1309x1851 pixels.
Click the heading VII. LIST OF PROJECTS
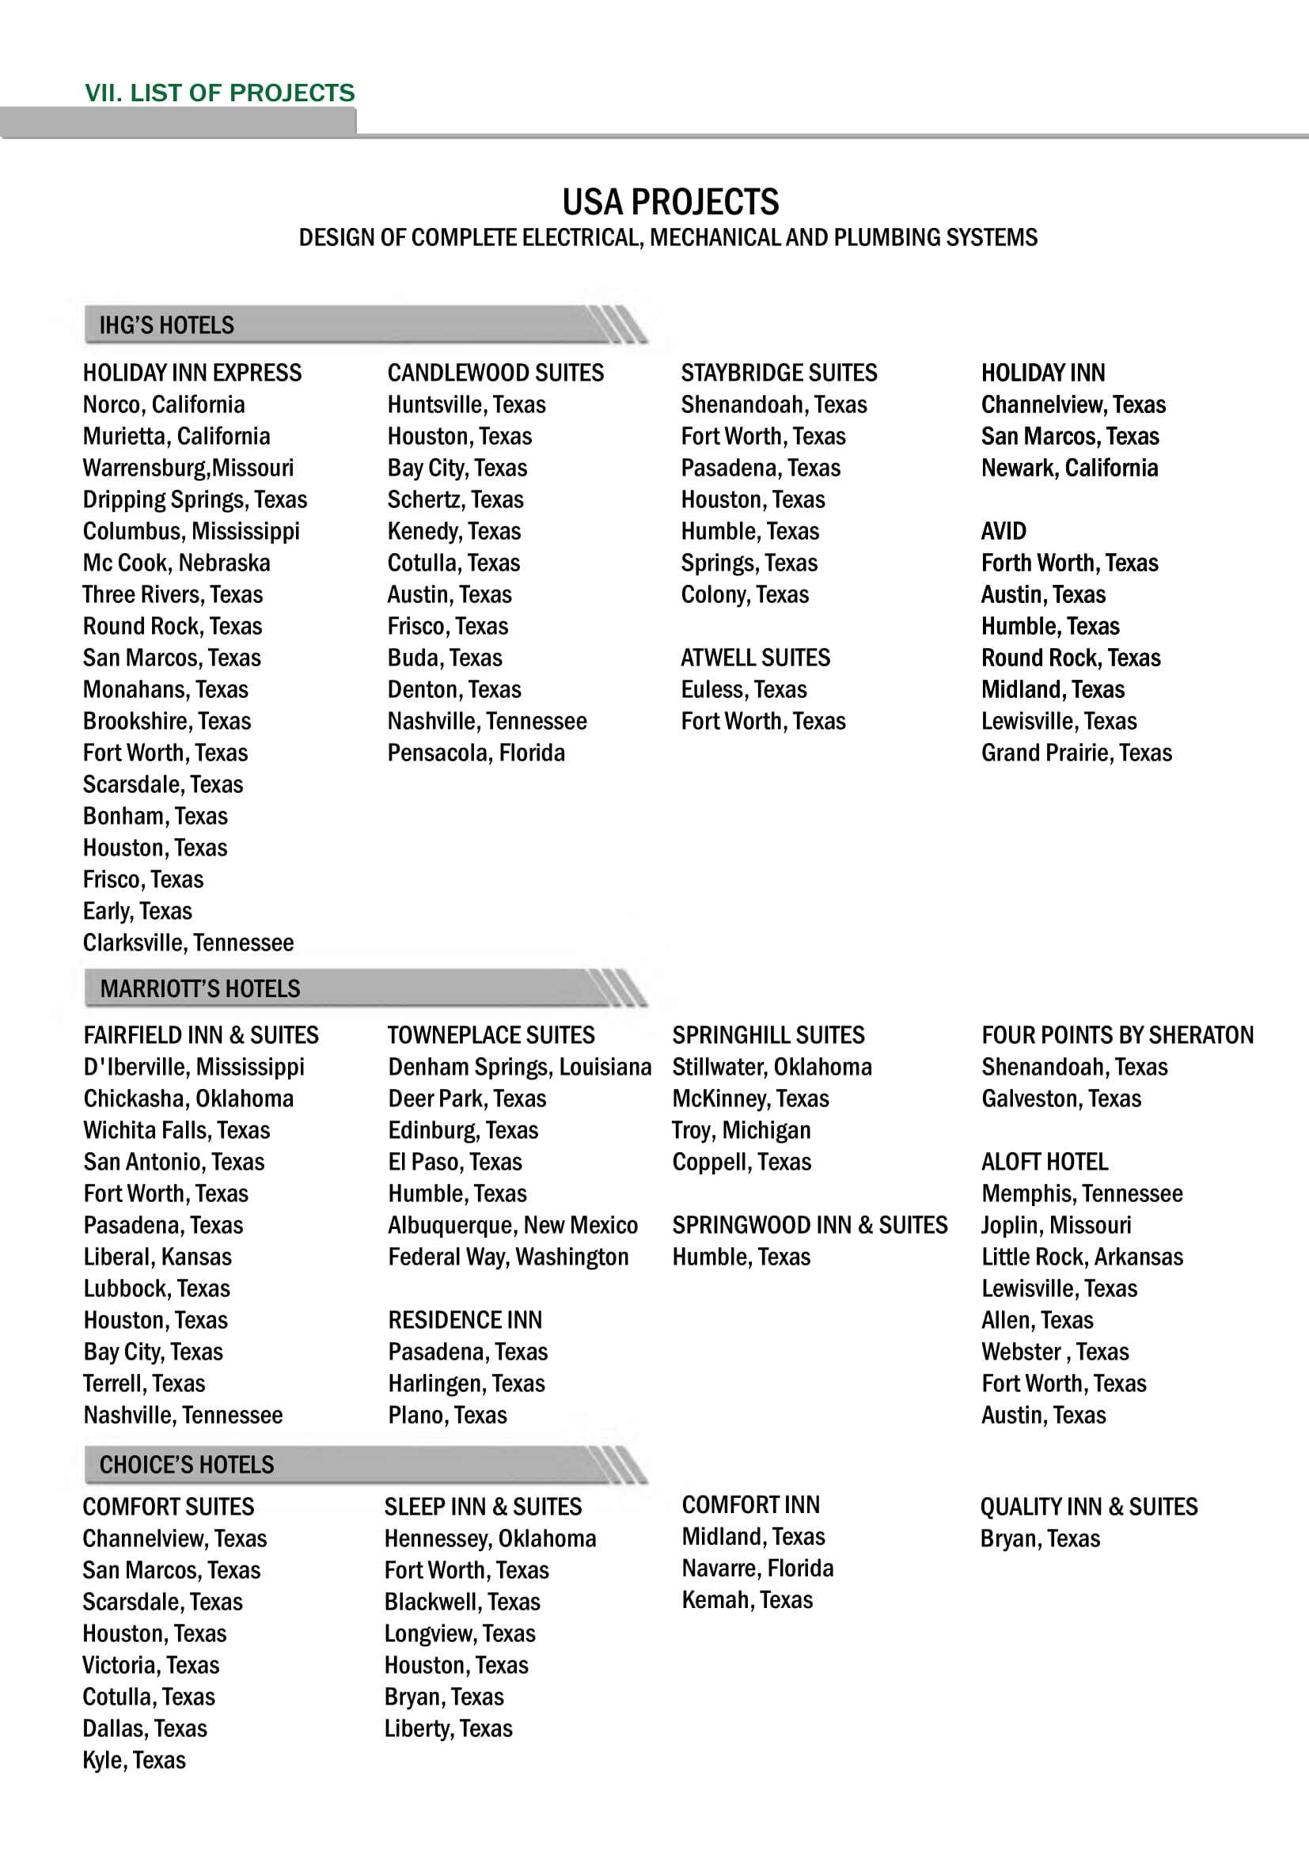(219, 93)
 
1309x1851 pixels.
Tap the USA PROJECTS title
(670, 203)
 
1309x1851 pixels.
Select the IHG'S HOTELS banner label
(166, 326)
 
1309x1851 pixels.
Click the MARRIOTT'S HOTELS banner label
(200, 988)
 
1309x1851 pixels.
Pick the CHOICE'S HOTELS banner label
(186, 1465)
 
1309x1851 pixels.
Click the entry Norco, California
(164, 404)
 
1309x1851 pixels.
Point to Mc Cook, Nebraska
(176, 563)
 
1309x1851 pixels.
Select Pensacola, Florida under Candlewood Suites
(476, 753)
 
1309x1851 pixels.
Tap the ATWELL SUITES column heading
(755, 658)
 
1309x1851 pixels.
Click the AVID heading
(1004, 531)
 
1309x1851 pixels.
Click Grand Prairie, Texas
(1076, 753)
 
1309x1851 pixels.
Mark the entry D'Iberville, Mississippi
(193, 1068)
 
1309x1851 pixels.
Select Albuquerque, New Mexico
(513, 1225)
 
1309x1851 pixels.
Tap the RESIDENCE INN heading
(465, 1321)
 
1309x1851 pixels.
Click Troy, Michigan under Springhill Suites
(742, 1130)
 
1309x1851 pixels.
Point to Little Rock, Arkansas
(1082, 1257)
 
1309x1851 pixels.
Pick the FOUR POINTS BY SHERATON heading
(1117, 1035)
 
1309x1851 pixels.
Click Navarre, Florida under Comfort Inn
(757, 1568)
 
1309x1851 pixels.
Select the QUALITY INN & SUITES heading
(1088, 1507)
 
